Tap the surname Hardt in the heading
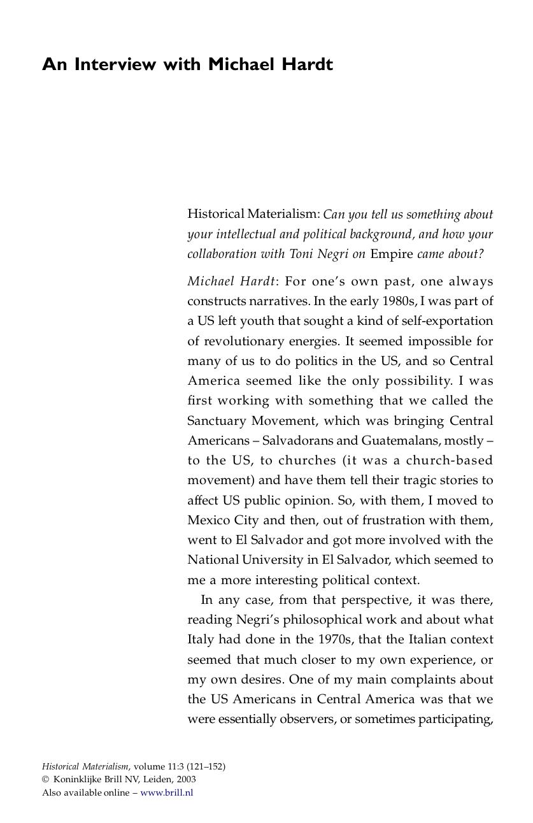pyautogui.click(x=307, y=64)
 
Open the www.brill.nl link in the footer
pyautogui.click(x=166, y=792)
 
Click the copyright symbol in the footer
pyautogui.click(x=45, y=779)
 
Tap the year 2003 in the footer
pyautogui.click(x=186, y=779)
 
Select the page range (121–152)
pyautogui.click(x=206, y=766)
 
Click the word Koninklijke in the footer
pyautogui.click(x=77, y=779)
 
